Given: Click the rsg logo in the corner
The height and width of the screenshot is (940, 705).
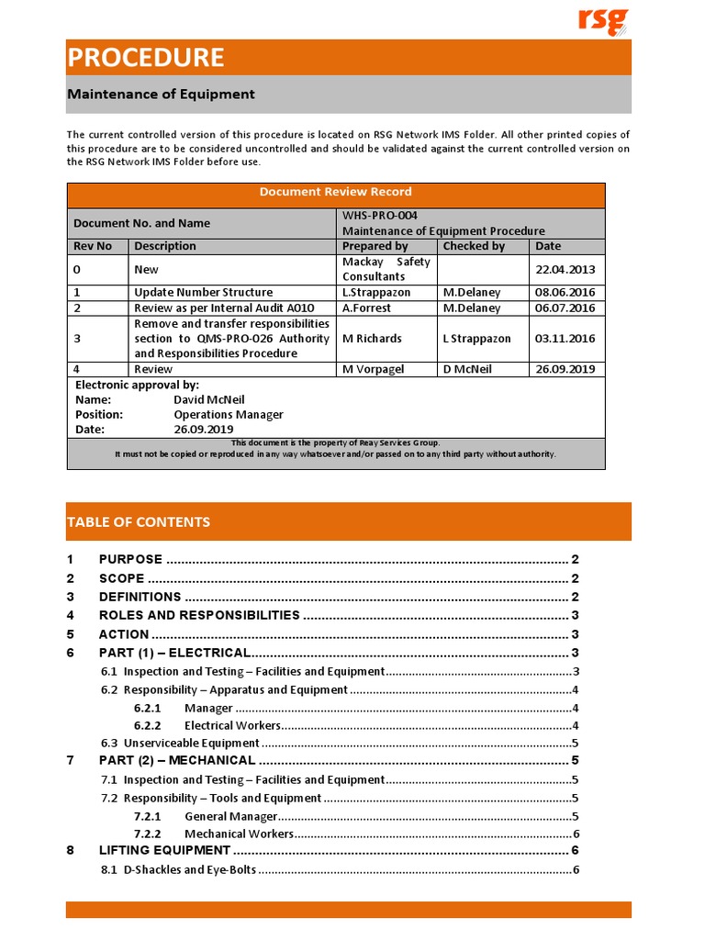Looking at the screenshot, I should click(603, 21).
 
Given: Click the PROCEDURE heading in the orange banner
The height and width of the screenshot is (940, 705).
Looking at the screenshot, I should click(145, 58).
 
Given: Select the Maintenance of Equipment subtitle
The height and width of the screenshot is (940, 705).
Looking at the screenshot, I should click(161, 95).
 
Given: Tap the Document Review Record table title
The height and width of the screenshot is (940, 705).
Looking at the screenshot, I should click(335, 192).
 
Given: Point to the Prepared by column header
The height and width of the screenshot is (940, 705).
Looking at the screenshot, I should click(375, 246).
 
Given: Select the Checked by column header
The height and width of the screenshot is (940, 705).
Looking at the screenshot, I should click(474, 246).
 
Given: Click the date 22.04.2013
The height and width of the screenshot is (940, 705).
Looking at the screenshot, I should click(565, 269).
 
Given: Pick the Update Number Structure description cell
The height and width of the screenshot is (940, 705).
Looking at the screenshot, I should click(203, 293).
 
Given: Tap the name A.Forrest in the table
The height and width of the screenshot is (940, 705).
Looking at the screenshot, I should click(367, 308).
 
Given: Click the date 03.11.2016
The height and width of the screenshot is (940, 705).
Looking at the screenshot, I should click(565, 339).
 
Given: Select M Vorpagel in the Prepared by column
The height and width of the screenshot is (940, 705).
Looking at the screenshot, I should click(374, 369).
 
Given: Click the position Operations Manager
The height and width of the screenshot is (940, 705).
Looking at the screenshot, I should click(229, 415).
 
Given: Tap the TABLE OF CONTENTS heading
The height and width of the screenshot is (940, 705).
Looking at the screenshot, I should click(138, 522).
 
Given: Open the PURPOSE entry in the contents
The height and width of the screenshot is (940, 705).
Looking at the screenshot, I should click(130, 560).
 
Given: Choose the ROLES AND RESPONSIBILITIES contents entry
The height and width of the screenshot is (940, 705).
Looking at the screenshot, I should click(199, 616).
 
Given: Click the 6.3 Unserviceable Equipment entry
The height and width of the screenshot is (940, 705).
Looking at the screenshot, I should click(191, 744).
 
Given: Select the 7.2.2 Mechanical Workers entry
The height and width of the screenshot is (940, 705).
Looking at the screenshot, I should click(239, 834).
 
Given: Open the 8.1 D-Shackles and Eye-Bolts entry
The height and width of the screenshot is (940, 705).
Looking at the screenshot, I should click(190, 870).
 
